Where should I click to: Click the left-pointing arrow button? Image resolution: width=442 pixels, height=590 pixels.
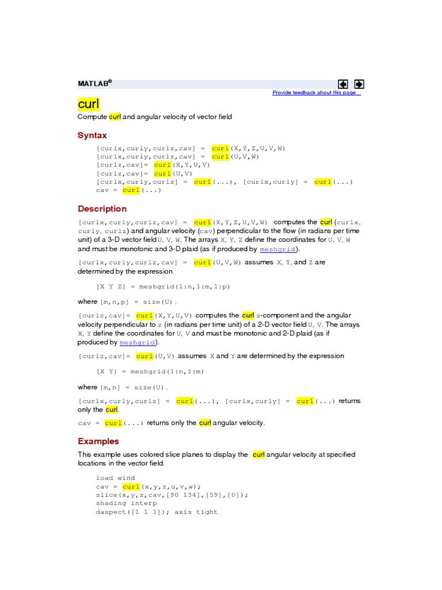[x=343, y=84]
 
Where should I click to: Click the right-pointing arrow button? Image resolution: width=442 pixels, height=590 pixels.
[x=359, y=84]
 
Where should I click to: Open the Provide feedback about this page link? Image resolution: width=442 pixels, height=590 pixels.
[x=316, y=93]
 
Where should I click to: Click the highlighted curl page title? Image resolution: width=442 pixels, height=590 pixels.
[x=89, y=104]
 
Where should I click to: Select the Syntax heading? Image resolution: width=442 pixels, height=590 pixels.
[x=92, y=135]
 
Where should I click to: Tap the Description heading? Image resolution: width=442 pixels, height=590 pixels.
[x=102, y=209]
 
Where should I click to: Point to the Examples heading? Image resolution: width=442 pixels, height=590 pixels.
[x=98, y=441]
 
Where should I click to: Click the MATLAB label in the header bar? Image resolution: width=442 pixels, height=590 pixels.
[x=94, y=84]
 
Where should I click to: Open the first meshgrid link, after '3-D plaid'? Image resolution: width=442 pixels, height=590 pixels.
[x=279, y=249]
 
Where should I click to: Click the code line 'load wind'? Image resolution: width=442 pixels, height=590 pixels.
[x=115, y=478]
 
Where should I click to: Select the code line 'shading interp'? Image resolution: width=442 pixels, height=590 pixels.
[x=126, y=503]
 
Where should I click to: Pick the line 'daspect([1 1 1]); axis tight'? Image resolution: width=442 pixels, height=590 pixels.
[x=157, y=512]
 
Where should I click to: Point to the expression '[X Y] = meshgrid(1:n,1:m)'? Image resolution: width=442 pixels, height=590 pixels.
[x=150, y=372]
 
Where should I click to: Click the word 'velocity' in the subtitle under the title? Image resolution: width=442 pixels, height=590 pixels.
[x=165, y=117]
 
